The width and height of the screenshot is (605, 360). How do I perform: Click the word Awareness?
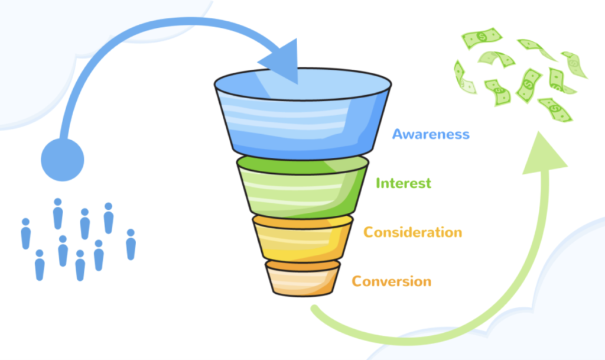click(431, 134)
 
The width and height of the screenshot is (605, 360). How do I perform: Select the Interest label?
click(404, 183)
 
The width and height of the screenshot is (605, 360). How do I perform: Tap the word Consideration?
click(413, 232)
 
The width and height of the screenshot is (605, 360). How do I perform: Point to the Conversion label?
click(392, 281)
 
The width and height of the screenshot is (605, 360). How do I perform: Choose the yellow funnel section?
click(303, 240)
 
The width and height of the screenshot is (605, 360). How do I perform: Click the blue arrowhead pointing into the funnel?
click(282, 61)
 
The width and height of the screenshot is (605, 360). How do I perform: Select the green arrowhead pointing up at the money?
click(544, 154)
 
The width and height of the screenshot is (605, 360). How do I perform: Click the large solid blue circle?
click(63, 160)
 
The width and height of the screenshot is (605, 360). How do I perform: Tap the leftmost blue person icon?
click(26, 234)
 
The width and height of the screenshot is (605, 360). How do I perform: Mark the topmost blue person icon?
click(58, 213)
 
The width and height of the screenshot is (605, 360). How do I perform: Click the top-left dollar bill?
click(482, 38)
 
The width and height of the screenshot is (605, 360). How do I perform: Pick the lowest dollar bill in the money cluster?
click(555, 109)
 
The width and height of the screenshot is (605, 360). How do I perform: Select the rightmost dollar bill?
click(574, 64)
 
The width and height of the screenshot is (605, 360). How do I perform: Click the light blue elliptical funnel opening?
click(303, 84)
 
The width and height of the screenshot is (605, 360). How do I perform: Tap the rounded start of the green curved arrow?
click(315, 309)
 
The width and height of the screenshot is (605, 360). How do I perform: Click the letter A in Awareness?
click(398, 134)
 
